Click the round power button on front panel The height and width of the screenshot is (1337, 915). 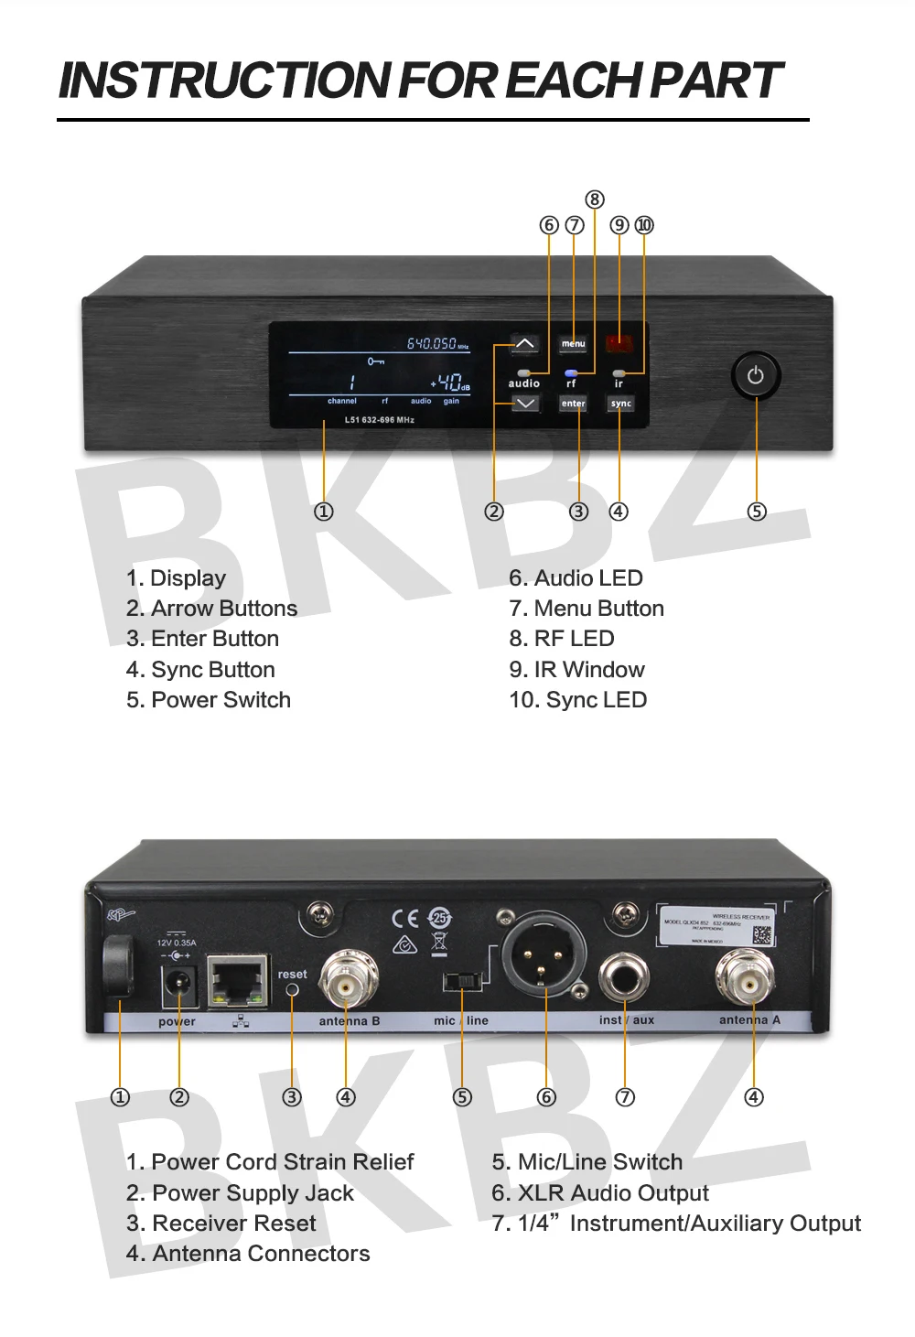755,375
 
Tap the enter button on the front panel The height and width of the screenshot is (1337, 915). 574,403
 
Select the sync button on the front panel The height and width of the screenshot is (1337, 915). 621,403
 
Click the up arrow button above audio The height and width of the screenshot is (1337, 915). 524,344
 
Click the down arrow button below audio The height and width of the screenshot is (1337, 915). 524,404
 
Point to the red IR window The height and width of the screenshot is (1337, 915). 619,344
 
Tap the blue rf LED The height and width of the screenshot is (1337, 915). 571,372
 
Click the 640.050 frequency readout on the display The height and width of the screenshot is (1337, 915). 432,343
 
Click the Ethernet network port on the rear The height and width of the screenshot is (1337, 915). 238,981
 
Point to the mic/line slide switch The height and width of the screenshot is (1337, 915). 463,982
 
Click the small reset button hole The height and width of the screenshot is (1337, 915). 293,990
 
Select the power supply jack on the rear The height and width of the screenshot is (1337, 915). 180,985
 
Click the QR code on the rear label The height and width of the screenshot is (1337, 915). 761,934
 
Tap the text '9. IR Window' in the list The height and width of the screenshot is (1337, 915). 576,670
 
